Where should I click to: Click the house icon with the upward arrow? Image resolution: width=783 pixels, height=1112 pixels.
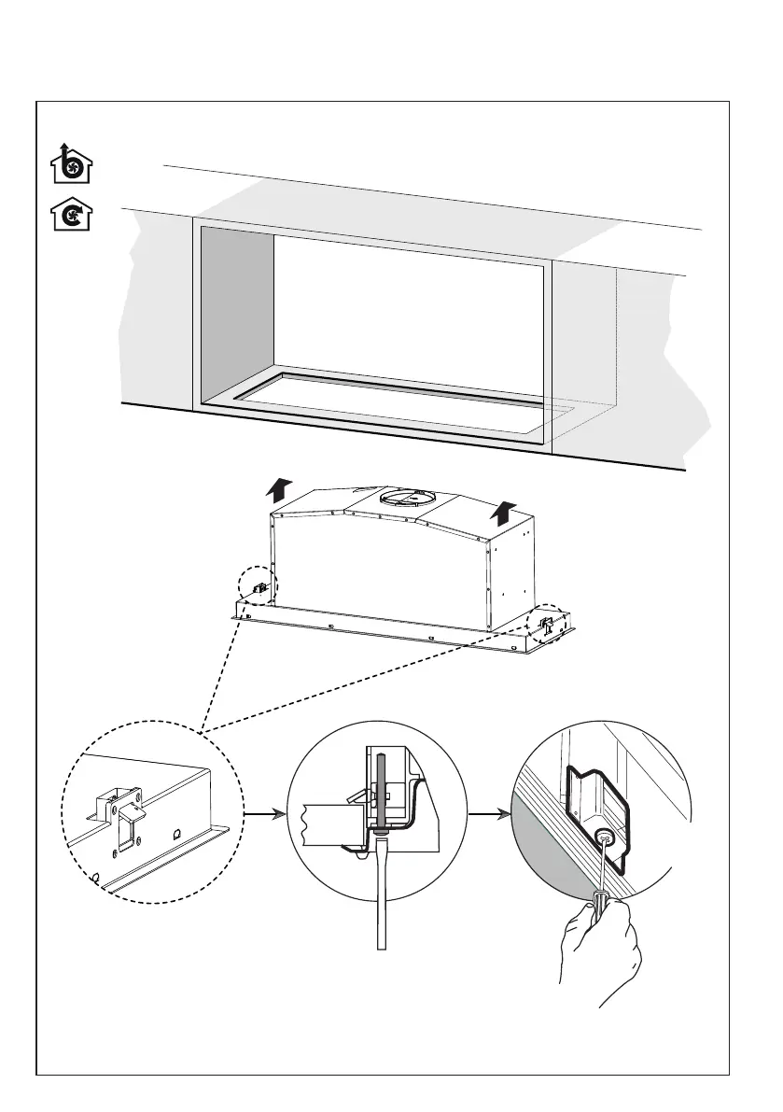(71, 164)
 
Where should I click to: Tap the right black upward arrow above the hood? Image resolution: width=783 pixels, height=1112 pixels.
(505, 512)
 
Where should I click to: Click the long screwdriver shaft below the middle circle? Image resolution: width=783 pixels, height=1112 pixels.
(380, 896)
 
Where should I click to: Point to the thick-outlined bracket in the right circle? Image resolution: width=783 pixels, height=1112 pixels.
(597, 803)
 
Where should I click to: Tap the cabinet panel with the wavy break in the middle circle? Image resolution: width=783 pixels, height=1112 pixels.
(327, 822)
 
